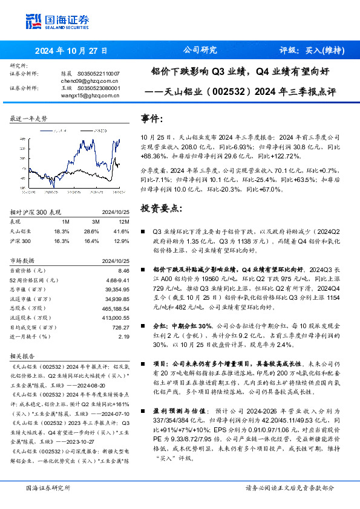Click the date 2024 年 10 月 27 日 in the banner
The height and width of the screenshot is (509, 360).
[71, 51]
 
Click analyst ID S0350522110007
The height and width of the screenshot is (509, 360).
[100, 73]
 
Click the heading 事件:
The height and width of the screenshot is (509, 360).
[152, 118]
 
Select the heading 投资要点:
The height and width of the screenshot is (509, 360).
[161, 208]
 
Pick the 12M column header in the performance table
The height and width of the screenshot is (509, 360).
[124, 222]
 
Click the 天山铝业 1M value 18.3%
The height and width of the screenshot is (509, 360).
[62, 231]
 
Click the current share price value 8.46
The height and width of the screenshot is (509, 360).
[124, 271]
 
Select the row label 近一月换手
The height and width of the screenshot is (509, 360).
[24, 336]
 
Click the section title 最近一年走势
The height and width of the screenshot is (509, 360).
[29, 119]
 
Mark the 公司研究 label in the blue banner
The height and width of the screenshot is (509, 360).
[200, 51]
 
